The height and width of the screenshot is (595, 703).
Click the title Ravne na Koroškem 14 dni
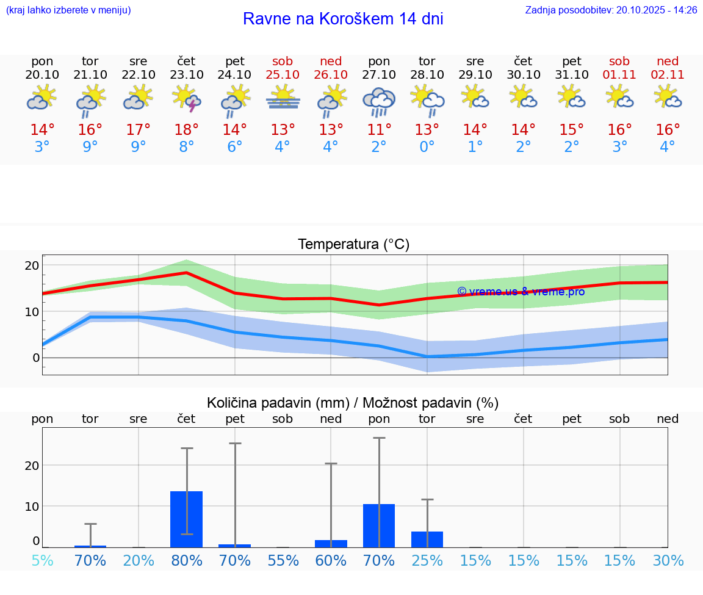coord(343,19)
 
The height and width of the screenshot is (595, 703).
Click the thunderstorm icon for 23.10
coord(187,98)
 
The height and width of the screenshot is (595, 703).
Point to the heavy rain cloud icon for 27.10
coord(379,101)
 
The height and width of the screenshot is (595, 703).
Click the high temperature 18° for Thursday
coord(187,130)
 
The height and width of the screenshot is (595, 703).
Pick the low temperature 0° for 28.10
coord(427,147)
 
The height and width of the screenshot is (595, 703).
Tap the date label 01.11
coord(619,75)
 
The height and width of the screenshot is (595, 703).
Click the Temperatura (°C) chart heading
coord(353,245)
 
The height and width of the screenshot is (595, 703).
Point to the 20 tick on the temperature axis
coord(32,265)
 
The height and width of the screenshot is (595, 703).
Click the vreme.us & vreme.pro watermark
coord(521,292)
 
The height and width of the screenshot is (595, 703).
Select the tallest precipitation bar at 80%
coord(187,519)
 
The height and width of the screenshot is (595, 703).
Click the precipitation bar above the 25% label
coord(427,539)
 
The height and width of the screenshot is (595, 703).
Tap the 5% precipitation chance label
coord(42,561)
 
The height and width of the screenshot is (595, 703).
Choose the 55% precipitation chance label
coord(283,561)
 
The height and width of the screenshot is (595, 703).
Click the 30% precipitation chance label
coord(668,561)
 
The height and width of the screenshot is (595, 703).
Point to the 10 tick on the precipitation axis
coord(32,506)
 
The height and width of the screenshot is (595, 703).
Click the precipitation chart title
coord(353,403)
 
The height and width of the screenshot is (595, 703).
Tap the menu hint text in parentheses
coord(68,10)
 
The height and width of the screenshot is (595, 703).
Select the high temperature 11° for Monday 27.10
coord(379,130)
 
